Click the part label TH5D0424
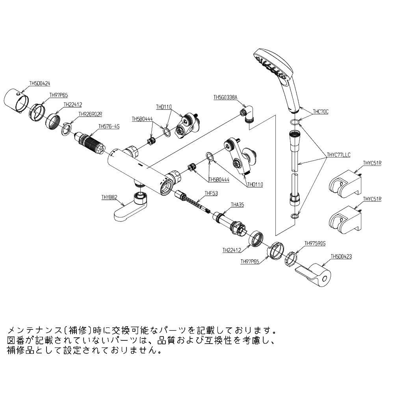coord(39,84)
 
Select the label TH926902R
coord(90,114)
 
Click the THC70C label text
coord(320,112)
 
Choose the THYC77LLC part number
coord(338,155)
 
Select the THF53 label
coord(211,193)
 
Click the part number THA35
coord(238,204)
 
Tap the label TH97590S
coord(315,243)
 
